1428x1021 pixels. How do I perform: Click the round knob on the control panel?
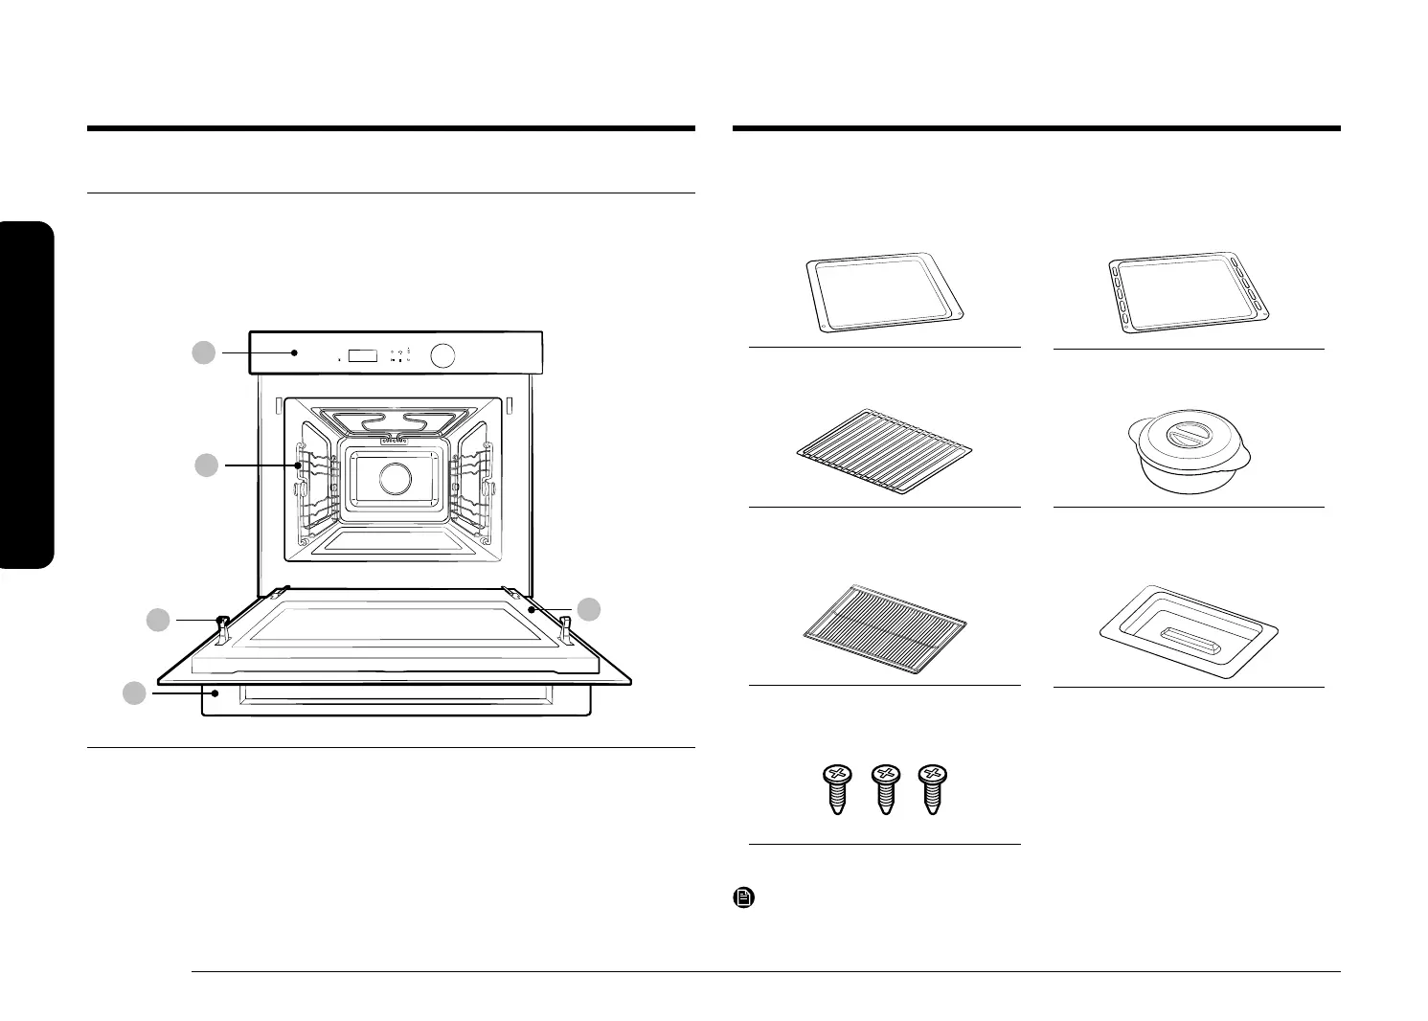tap(442, 356)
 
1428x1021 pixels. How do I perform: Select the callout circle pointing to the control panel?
tap(203, 352)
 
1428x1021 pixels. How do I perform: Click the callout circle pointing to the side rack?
tap(207, 465)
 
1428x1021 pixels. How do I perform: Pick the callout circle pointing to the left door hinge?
tap(158, 621)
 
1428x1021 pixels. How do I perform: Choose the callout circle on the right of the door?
tap(591, 608)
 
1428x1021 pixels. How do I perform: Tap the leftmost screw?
tap(838, 788)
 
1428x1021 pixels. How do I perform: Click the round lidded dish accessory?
tap(1188, 454)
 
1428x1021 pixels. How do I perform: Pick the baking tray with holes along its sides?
tap(1188, 293)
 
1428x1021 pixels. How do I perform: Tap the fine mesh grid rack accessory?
tap(883, 631)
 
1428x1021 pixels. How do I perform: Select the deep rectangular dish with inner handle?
tap(1188, 634)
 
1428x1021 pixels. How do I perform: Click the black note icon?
tap(743, 898)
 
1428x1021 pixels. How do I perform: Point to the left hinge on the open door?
tap(222, 627)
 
